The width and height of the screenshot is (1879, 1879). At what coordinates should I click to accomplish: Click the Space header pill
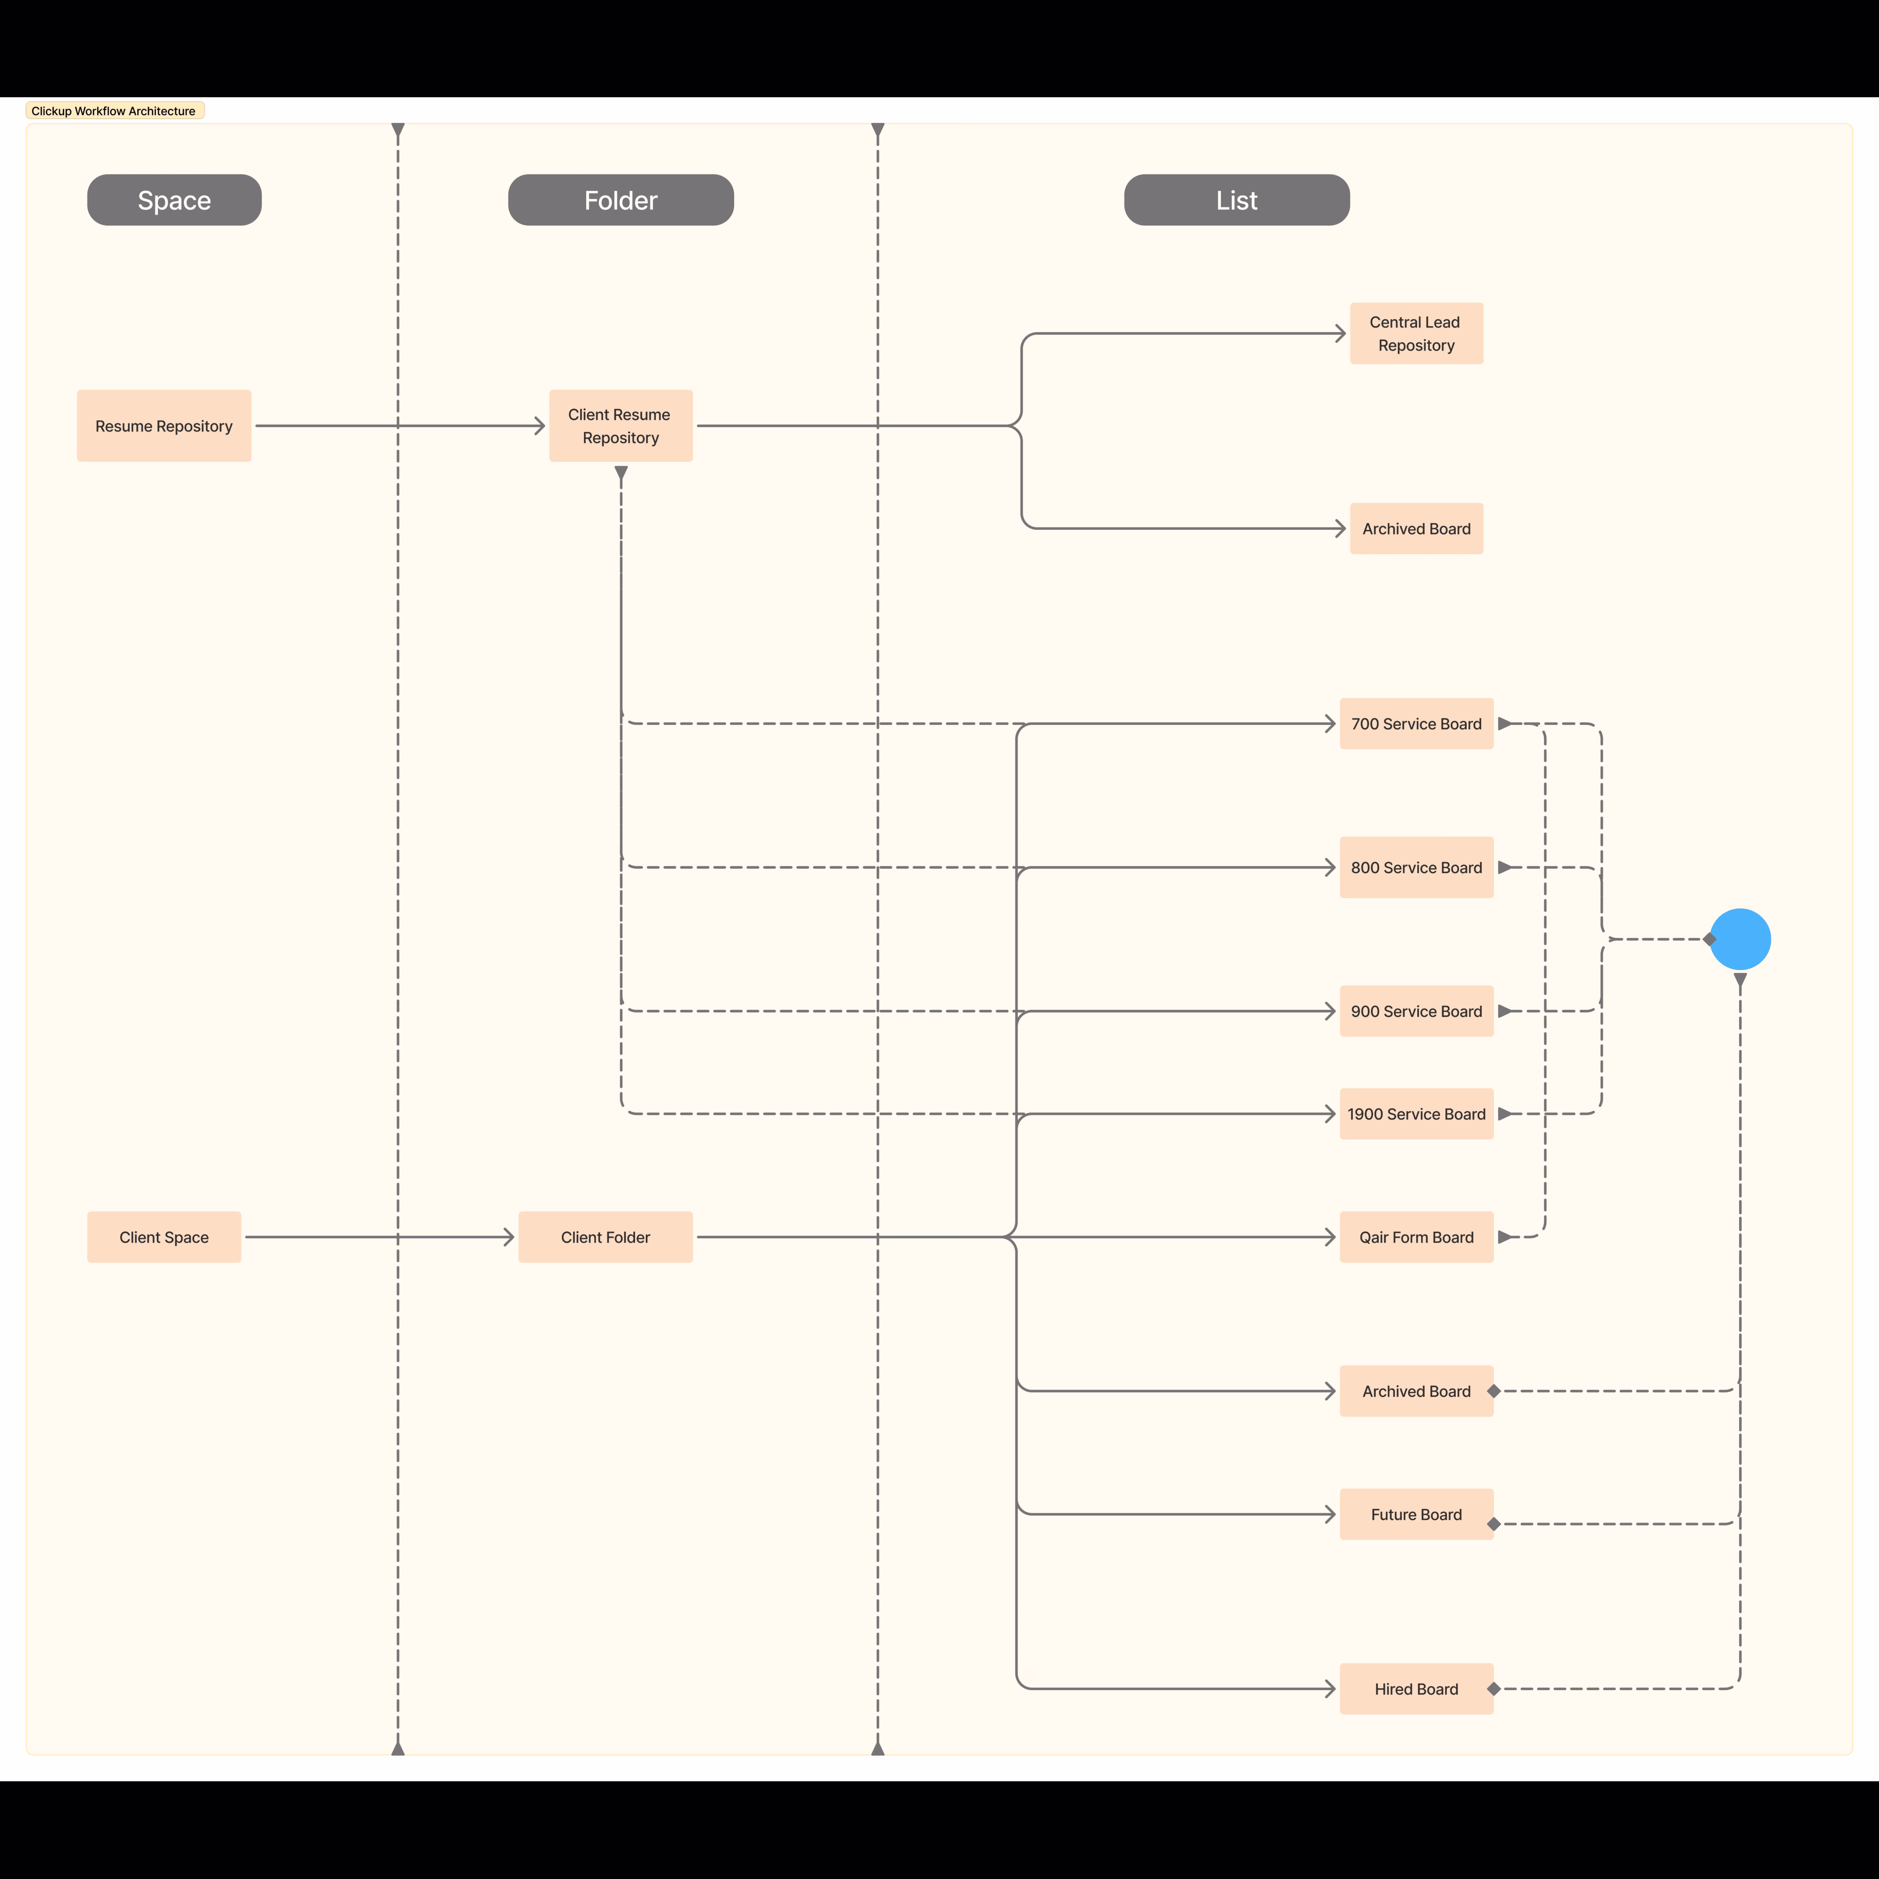click(x=174, y=201)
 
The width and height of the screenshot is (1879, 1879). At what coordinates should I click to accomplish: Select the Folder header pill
click(x=621, y=201)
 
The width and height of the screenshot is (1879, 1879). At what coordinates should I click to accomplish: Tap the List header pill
click(x=1236, y=201)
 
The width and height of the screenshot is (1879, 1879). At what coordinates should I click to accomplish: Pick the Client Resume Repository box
click(x=621, y=426)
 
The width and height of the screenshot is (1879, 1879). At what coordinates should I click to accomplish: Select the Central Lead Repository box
click(x=1416, y=334)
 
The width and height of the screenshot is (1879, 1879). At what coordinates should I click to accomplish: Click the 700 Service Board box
click(x=1416, y=723)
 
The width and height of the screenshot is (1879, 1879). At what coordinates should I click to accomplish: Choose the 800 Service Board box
click(x=1416, y=868)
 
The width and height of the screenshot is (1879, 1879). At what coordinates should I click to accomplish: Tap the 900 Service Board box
click(x=1416, y=1011)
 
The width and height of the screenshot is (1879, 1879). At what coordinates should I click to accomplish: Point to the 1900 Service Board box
click(x=1416, y=1114)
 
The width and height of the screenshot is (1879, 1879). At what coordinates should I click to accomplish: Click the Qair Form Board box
click(x=1416, y=1237)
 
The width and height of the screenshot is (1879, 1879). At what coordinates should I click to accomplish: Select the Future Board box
click(x=1416, y=1514)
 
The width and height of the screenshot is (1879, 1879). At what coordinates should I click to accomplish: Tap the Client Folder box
click(x=605, y=1237)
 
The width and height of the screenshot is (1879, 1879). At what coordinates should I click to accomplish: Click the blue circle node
click(x=1740, y=939)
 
